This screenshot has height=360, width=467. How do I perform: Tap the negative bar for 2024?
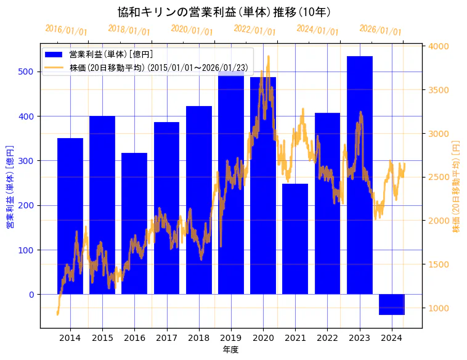(x=392, y=305)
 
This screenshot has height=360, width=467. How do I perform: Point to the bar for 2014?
(x=70, y=216)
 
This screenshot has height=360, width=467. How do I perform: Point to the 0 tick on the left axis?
(x=33, y=295)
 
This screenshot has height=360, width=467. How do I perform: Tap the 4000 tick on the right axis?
(x=439, y=46)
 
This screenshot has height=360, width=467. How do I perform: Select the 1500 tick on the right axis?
(x=439, y=264)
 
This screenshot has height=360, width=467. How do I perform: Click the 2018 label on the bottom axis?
(x=199, y=338)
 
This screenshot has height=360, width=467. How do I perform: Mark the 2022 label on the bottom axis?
(x=327, y=338)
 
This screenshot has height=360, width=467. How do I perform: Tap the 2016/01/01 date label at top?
(x=67, y=30)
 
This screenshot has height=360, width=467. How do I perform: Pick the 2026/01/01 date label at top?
(x=380, y=30)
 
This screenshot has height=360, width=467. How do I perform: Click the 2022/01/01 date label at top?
(x=254, y=30)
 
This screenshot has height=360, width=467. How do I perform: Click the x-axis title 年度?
(x=231, y=350)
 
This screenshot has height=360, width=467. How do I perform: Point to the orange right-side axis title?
(x=457, y=186)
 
